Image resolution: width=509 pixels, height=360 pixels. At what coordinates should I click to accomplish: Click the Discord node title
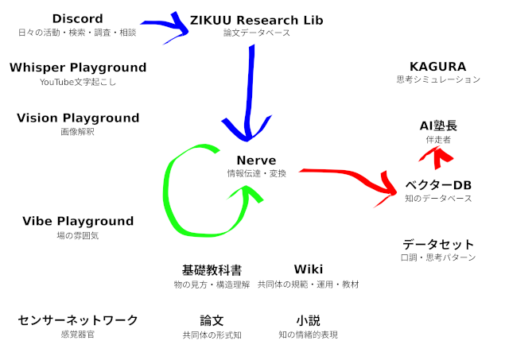(x=78, y=19)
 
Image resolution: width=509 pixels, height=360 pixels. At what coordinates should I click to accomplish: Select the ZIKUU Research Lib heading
(x=256, y=20)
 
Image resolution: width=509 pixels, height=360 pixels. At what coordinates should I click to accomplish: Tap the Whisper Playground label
(x=78, y=68)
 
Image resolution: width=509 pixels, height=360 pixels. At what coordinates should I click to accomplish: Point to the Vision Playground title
(x=78, y=118)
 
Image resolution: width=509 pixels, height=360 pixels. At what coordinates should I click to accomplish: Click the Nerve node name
(x=256, y=161)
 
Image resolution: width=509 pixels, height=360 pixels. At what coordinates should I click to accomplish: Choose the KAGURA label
(x=438, y=67)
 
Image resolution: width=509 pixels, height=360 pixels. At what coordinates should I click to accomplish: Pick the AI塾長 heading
(x=438, y=126)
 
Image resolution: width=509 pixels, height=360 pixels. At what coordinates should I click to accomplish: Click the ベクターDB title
(x=438, y=185)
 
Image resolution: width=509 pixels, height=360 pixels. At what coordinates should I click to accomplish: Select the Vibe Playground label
(x=78, y=221)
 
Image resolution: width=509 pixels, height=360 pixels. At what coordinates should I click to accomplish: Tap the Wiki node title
(x=309, y=269)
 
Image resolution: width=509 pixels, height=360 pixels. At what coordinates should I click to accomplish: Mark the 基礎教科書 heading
(x=212, y=270)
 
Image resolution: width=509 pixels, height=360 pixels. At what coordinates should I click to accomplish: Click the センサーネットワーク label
(x=78, y=320)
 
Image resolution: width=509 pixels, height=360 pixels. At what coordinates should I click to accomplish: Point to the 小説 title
(x=309, y=320)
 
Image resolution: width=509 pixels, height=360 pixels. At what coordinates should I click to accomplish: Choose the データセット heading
(x=438, y=244)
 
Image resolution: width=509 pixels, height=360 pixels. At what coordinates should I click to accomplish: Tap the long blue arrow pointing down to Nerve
(x=249, y=94)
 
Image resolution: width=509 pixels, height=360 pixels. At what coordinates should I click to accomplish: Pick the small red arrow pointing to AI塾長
(x=436, y=157)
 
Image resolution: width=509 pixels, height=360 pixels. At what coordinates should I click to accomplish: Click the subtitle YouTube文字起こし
(x=78, y=82)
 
